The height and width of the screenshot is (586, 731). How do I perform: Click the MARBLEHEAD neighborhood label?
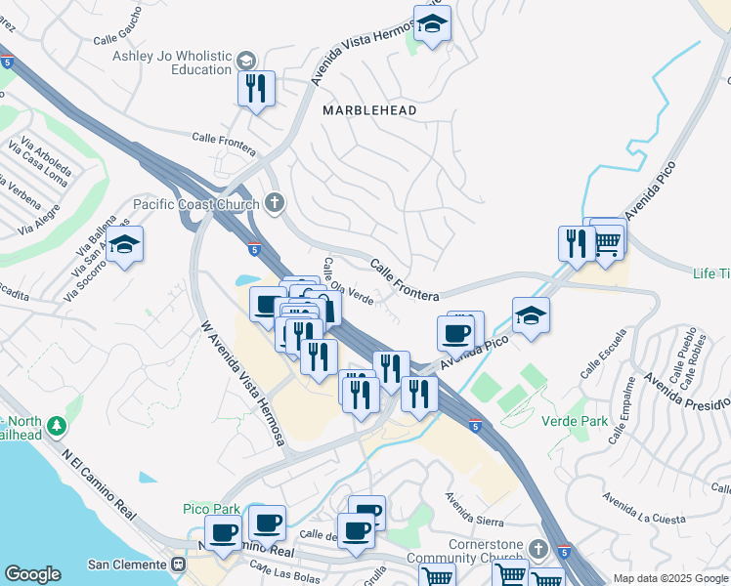point(369,110)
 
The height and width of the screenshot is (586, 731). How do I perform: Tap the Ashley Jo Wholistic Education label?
point(172,63)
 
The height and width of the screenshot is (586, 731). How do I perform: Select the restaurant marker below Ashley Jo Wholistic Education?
point(256,90)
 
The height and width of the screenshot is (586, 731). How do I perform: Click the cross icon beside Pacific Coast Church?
point(275,203)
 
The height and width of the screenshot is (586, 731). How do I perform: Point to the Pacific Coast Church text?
point(196,204)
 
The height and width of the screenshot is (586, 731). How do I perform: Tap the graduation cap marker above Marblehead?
point(432,24)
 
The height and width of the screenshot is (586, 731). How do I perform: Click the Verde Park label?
point(574,422)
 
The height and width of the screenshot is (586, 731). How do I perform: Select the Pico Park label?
point(211,509)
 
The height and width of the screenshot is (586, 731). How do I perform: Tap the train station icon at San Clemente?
point(179,565)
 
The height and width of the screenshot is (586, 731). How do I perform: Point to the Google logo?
point(32,574)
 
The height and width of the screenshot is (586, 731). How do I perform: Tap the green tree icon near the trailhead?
point(57,426)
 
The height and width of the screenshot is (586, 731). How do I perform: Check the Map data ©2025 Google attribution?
point(670,578)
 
